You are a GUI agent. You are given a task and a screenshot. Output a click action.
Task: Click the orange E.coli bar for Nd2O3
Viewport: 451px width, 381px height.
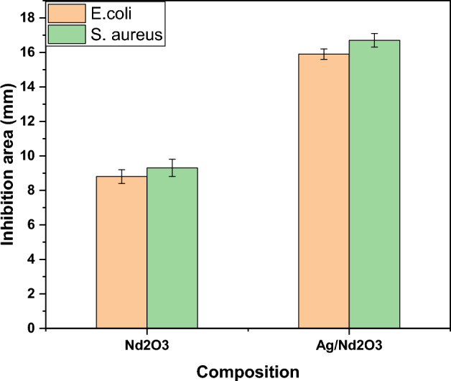(121, 252)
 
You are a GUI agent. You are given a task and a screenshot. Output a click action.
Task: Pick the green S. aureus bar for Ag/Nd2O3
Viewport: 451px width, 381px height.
(374, 184)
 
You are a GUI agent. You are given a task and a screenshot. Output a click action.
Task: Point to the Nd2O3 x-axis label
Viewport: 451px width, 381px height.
(147, 346)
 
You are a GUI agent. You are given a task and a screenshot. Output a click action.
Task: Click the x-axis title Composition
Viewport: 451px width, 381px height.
(248, 372)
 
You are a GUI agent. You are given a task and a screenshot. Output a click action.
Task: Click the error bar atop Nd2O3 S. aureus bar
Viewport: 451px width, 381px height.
(172, 167)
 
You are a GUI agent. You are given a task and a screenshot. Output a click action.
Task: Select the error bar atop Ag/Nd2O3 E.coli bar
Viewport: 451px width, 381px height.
(324, 54)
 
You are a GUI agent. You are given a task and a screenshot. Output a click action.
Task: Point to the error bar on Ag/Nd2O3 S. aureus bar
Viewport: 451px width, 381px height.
(374, 40)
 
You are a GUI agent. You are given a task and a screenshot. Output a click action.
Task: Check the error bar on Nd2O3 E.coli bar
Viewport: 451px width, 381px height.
(121, 176)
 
